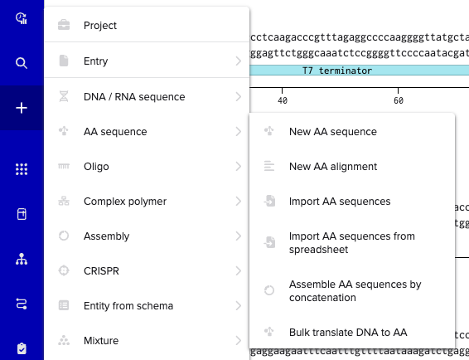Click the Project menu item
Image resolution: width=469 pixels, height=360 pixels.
(x=100, y=26)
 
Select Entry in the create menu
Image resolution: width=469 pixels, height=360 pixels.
(x=96, y=61)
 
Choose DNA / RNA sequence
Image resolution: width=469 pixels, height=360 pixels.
(x=134, y=97)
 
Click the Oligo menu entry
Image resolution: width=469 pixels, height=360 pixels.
(x=96, y=167)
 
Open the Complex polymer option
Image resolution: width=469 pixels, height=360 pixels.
(x=125, y=202)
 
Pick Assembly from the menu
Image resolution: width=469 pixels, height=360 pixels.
(x=107, y=236)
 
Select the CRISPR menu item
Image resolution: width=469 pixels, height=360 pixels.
(x=101, y=271)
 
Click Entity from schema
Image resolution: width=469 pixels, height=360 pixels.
(x=128, y=306)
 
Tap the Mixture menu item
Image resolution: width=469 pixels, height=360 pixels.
(x=101, y=341)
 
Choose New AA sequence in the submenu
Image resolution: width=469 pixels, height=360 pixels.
(x=333, y=132)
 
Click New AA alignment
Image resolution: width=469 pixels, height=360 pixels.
(x=333, y=167)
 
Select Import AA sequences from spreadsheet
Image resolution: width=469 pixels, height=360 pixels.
(x=351, y=242)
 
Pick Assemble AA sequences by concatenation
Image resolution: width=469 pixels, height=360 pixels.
(x=355, y=291)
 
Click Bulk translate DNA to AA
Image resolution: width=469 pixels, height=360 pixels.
(x=348, y=333)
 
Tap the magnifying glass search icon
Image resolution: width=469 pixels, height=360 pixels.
(x=22, y=63)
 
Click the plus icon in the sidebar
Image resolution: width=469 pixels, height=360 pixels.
(x=22, y=108)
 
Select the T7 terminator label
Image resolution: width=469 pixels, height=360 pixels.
(x=337, y=71)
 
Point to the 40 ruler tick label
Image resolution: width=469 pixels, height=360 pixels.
(x=283, y=100)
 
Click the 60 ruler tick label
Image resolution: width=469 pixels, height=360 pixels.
(x=399, y=100)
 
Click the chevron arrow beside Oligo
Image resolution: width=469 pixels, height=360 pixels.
(x=238, y=167)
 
